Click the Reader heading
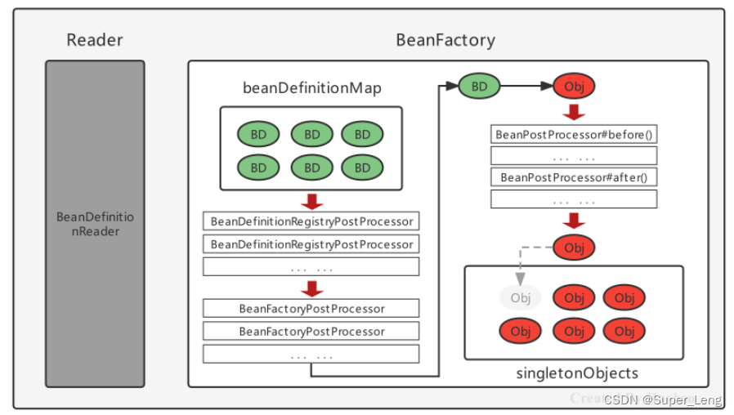(94, 40)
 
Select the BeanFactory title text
(445, 40)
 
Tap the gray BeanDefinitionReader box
(95, 223)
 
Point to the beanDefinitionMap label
(311, 88)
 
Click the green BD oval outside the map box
(479, 85)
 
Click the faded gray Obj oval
(521, 297)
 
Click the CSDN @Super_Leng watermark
(662, 399)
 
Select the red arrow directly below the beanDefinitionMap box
(311, 200)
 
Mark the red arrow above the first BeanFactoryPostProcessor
(311, 288)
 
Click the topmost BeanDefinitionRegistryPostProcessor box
(311, 221)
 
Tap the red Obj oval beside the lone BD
(574, 85)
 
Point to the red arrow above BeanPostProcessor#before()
(574, 112)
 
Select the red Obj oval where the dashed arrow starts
(574, 247)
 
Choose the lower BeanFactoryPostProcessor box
(311, 331)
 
